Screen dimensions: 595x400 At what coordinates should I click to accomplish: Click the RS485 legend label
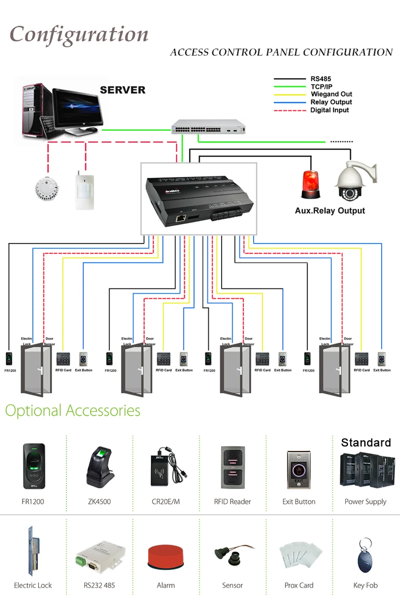[x=321, y=79]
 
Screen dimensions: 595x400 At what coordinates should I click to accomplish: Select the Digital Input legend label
[x=329, y=110]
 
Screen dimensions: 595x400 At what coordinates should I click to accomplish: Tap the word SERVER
[x=122, y=90]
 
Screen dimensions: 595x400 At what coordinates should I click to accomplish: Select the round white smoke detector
[x=46, y=188]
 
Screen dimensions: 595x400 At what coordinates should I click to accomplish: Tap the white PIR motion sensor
[x=84, y=190]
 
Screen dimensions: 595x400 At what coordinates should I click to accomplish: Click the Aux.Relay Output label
[x=330, y=211]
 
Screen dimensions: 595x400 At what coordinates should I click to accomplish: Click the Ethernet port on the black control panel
[x=180, y=218]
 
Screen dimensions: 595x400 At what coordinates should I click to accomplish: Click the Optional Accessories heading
[x=72, y=410]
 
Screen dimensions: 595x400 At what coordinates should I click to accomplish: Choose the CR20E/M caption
[x=166, y=501]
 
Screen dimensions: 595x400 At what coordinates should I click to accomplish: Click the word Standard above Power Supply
[x=366, y=442]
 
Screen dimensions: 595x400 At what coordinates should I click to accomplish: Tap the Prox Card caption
[x=299, y=585]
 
